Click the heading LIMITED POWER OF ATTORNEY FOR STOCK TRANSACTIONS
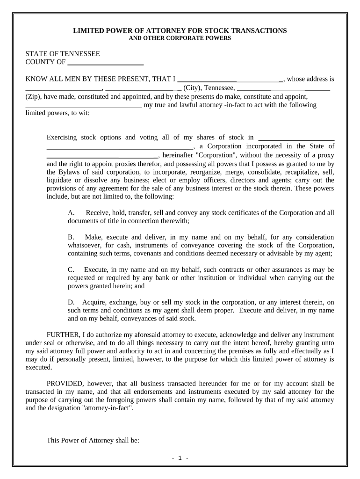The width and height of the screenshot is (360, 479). (180, 30)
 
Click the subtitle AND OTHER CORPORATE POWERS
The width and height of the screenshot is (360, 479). (180, 38)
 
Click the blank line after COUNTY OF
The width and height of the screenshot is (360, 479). (106, 62)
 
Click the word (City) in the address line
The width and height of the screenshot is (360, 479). (192, 87)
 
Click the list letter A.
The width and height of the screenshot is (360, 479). (71, 213)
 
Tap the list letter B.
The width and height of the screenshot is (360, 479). (71, 237)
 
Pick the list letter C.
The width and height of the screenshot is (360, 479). (71, 270)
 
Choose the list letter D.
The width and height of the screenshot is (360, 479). (71, 302)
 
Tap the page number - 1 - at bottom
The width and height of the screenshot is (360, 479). (180, 458)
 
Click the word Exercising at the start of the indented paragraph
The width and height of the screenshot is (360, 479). (63, 138)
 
